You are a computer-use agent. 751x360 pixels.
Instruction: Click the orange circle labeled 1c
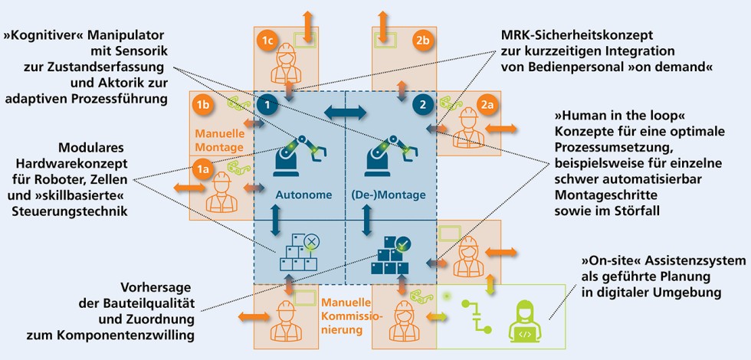pyautogui.click(x=267, y=40)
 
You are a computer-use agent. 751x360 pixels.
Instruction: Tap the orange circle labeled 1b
pyautogui.click(x=203, y=104)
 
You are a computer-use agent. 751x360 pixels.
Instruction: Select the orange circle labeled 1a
pyautogui.click(x=202, y=169)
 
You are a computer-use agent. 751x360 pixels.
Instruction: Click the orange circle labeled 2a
pyautogui.click(x=487, y=104)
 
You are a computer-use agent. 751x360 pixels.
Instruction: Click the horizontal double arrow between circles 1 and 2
pyautogui.click(x=344, y=113)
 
